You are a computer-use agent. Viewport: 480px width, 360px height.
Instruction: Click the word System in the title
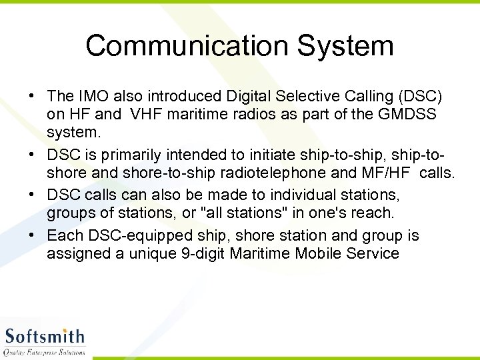pyautogui.click(x=345, y=47)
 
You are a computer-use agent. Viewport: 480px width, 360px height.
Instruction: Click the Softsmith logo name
pyautogui.click(x=45, y=336)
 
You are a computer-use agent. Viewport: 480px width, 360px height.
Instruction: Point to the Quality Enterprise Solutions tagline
pyautogui.click(x=45, y=352)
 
